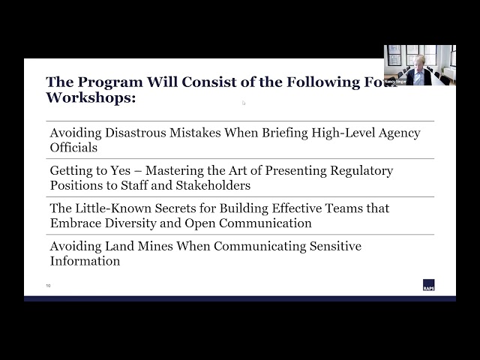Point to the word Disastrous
(x=137, y=133)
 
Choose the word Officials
(x=73, y=147)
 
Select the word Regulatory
(x=362, y=170)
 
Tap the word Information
(x=85, y=261)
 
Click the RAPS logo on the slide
(x=428, y=285)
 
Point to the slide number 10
(x=49, y=286)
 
